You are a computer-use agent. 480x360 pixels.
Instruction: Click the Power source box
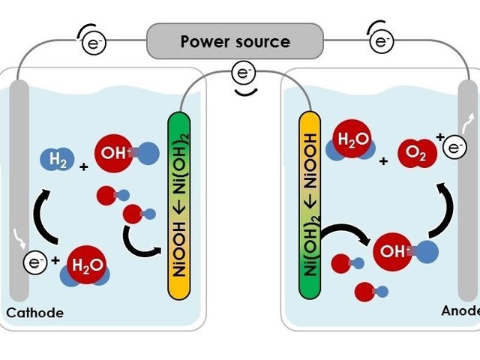[235, 40]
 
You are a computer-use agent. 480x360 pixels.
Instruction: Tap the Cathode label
[34, 313]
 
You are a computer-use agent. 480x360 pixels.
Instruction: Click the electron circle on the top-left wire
[94, 42]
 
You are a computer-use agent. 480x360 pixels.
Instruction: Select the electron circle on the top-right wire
[382, 41]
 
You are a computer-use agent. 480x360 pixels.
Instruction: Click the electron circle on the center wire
[243, 73]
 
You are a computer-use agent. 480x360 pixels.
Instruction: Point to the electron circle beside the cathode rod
[34, 262]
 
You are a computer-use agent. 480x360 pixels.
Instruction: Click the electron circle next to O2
[454, 148]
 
